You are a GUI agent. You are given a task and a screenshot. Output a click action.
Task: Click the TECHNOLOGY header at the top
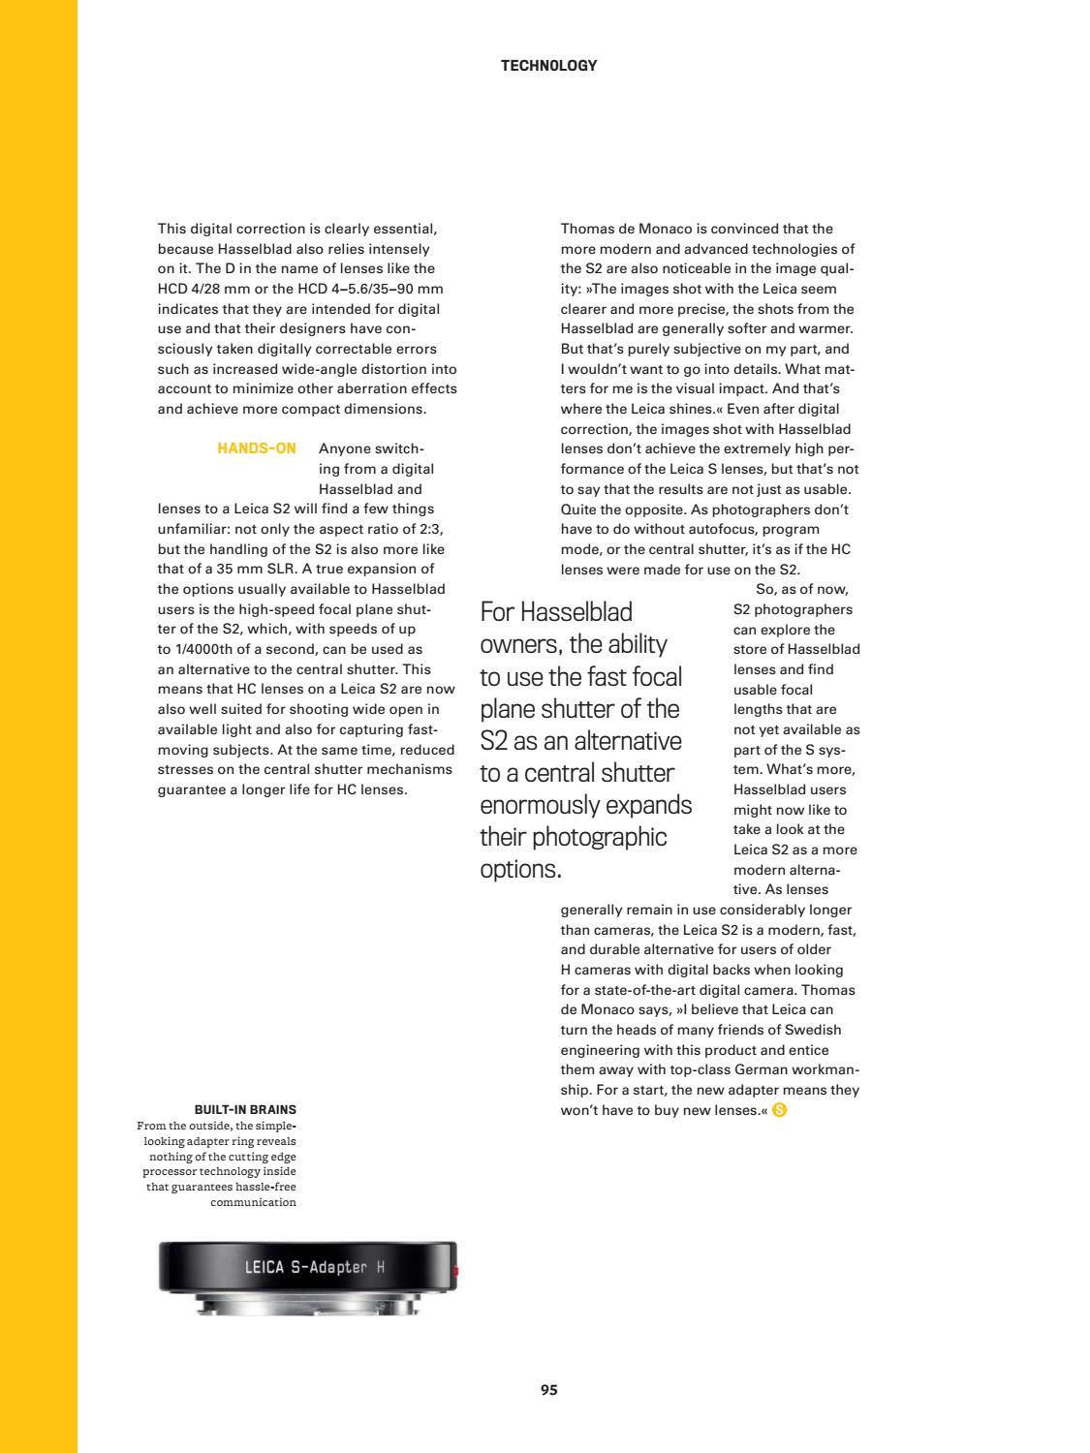coord(548,66)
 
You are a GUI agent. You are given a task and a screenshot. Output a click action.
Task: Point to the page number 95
coord(548,1389)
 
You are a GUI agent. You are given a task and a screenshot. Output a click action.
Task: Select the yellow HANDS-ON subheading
coord(257,448)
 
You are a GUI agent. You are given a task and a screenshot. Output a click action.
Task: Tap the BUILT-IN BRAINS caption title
coord(245,1109)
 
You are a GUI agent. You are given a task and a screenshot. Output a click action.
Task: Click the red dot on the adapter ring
coord(453,1269)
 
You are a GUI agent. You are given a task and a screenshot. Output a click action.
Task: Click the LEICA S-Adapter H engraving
coord(315,1267)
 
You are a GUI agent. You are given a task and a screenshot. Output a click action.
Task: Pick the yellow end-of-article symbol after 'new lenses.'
coord(780,1110)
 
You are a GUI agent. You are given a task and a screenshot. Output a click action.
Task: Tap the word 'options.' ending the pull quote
coord(520,869)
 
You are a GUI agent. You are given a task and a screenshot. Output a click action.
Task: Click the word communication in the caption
coord(253,1202)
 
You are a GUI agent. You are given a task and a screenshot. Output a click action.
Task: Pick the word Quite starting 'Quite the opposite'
coord(579,510)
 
